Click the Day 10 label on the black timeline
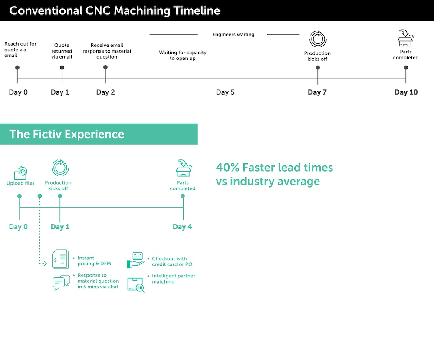click(406, 92)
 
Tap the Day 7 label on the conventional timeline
click(317, 92)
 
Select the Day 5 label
click(225, 92)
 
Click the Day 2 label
click(105, 92)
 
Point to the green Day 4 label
click(182, 227)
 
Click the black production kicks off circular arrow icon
click(318, 39)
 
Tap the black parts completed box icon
click(405, 38)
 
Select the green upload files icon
click(20, 172)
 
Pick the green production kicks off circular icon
click(60, 168)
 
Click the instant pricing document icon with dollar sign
click(60, 259)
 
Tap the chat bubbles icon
click(61, 283)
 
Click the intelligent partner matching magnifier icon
click(136, 284)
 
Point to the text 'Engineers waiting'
click(233, 34)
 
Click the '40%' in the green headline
click(227, 168)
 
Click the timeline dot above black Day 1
click(62, 68)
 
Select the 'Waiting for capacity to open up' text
click(182, 56)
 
